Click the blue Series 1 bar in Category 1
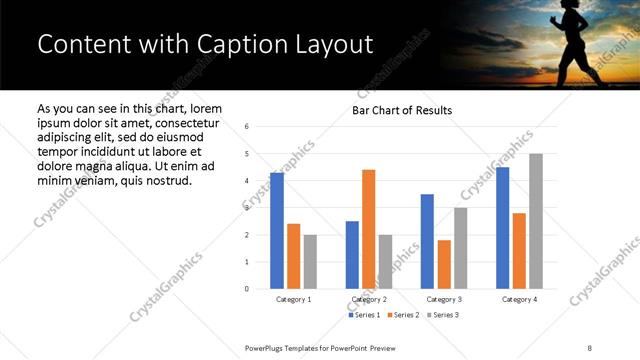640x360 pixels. pos(277,231)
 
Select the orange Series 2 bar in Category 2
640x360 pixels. pos(369,229)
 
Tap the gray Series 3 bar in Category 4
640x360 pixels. pos(536,221)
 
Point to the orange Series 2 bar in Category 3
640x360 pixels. pos(444,264)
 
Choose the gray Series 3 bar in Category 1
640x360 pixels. pos(310,262)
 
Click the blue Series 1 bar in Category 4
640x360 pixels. pos(502,228)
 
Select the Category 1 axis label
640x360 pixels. pos(294,299)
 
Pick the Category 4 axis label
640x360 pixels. pos(519,299)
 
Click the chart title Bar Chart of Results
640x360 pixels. pos(402,110)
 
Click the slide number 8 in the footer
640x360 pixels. pos(589,346)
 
